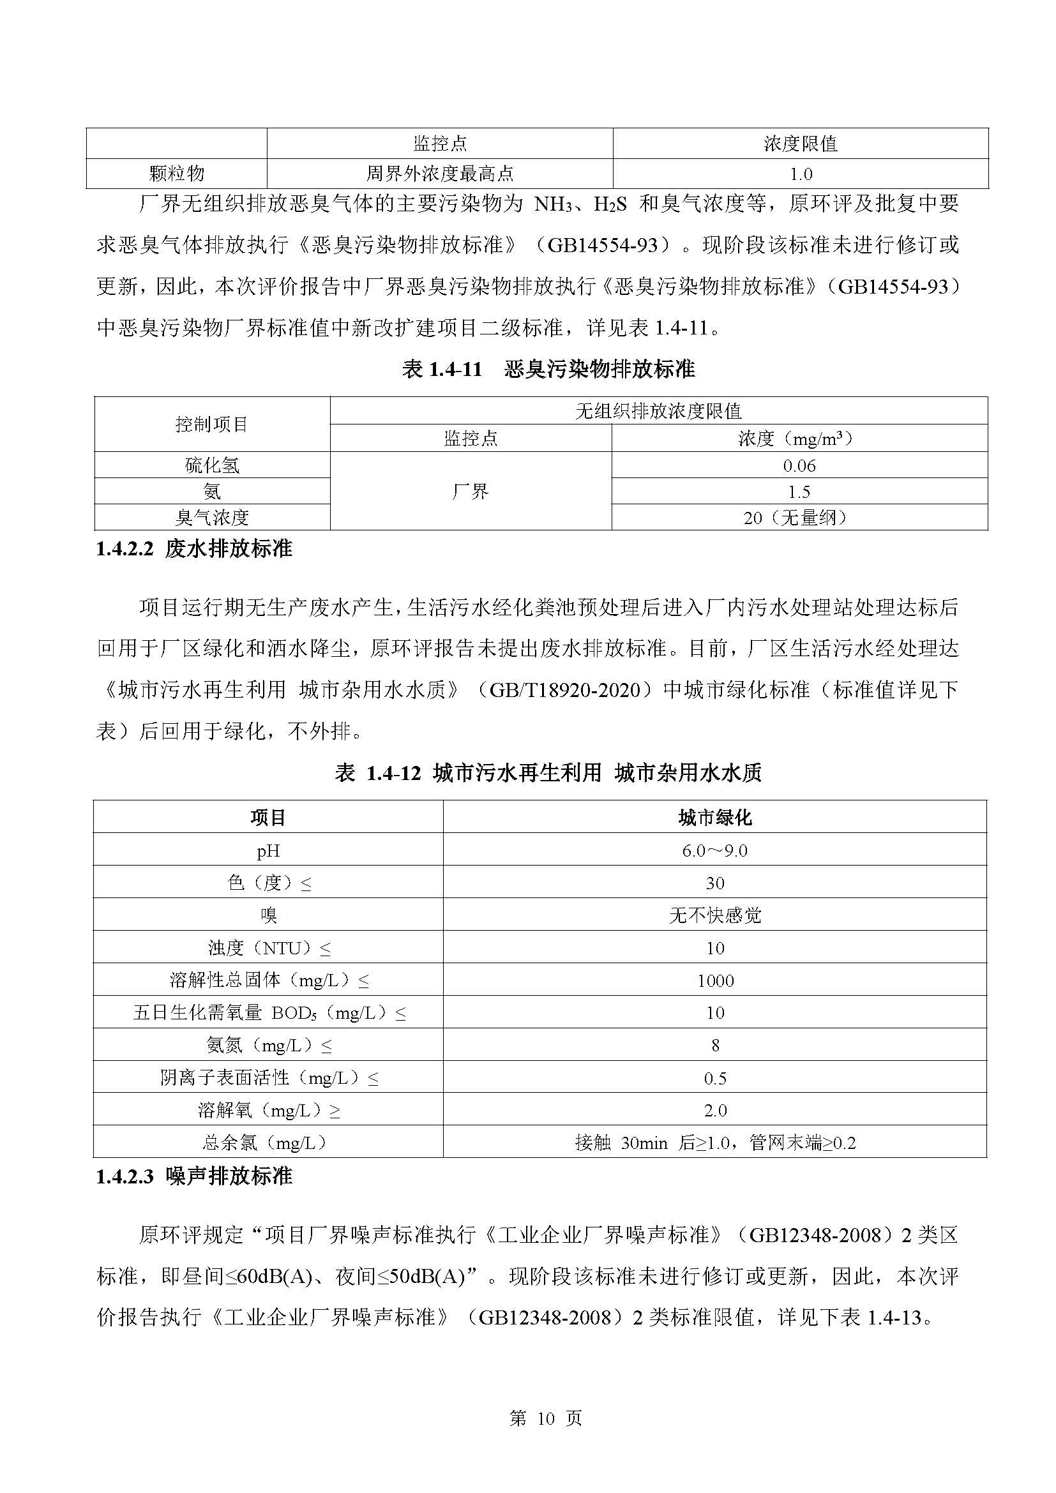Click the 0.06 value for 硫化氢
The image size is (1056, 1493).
799,465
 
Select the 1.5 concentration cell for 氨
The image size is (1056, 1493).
799,491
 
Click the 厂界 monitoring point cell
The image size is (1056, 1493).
470,491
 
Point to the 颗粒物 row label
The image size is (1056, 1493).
177,174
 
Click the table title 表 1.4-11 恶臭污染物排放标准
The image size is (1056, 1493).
548,370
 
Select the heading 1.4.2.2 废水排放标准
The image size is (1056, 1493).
195,549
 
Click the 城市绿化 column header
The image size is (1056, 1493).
714,818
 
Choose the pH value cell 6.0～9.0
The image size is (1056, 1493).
714,850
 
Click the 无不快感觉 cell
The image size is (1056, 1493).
714,915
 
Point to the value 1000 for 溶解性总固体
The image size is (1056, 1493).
715,980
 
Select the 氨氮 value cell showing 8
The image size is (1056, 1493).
715,1046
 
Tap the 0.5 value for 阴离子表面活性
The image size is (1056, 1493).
715,1079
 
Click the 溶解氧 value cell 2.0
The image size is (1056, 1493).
715,1111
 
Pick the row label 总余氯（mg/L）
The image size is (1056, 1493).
268,1143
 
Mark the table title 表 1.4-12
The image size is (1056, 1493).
548,772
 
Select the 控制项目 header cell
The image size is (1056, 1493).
212,424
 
